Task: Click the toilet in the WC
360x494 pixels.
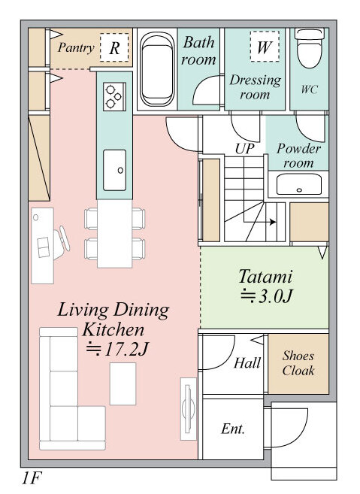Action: pyautogui.click(x=310, y=48)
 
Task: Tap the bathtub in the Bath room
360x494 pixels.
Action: pyautogui.click(x=157, y=70)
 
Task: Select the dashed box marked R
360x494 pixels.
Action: pyautogui.click(x=114, y=47)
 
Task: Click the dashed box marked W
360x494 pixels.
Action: pyautogui.click(x=265, y=47)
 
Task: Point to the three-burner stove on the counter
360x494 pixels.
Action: pyautogui.click(x=114, y=96)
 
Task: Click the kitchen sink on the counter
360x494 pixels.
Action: pyautogui.click(x=115, y=170)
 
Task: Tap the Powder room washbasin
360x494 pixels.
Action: pyautogui.click(x=299, y=184)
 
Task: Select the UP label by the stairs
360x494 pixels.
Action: pyautogui.click(x=245, y=148)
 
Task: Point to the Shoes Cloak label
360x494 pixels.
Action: pyautogui.click(x=298, y=363)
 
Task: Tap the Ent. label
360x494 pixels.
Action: pyautogui.click(x=233, y=429)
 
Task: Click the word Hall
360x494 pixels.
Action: pyautogui.click(x=247, y=362)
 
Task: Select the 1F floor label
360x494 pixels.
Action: pyautogui.click(x=32, y=478)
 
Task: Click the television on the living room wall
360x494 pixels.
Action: pyautogui.click(x=189, y=409)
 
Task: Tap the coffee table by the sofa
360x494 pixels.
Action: pyautogui.click(x=123, y=383)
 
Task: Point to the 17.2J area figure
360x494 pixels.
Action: pyautogui.click(x=116, y=349)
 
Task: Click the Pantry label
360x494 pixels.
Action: pyautogui.click(x=76, y=48)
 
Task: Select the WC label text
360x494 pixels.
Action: pyautogui.click(x=310, y=89)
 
